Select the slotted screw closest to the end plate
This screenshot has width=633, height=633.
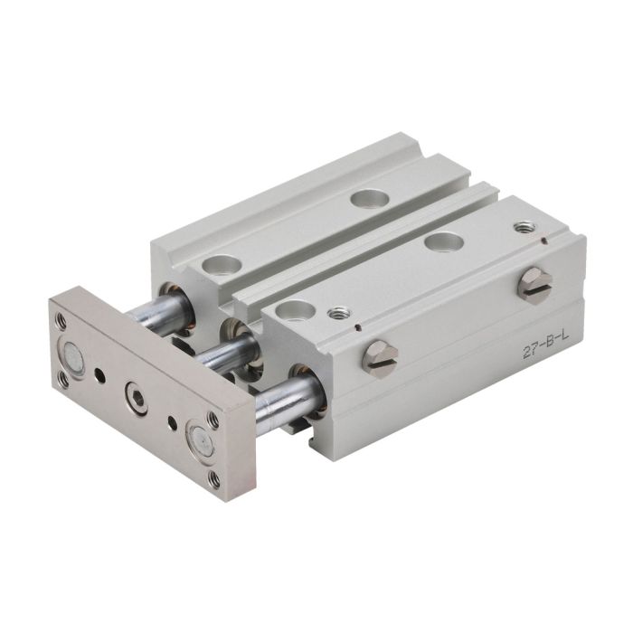tap(381, 359)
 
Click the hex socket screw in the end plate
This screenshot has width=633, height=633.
tap(136, 399)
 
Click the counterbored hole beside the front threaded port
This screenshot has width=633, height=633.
tap(294, 310)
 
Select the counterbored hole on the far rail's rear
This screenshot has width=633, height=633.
tap(370, 198)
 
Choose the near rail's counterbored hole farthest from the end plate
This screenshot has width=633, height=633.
tap(444, 241)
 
